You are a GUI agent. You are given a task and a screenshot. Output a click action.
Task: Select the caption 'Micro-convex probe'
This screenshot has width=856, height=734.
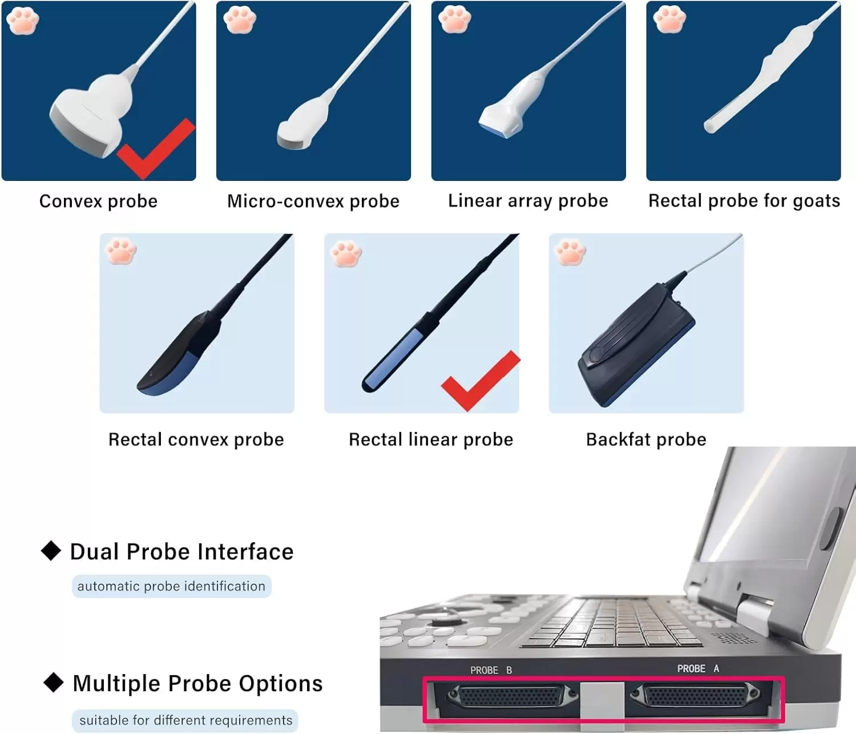(313, 201)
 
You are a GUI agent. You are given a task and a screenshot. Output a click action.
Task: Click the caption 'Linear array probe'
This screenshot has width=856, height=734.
(528, 201)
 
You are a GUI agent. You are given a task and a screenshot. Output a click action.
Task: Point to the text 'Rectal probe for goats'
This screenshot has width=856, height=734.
(744, 201)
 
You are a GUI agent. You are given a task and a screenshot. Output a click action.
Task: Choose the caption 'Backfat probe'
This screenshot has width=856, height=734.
(646, 439)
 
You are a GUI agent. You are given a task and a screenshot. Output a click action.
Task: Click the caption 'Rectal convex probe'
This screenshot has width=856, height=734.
(196, 439)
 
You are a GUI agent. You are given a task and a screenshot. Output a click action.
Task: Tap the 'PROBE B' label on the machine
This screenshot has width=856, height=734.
(491, 670)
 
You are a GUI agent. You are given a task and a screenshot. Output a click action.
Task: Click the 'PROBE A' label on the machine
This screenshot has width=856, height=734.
(698, 668)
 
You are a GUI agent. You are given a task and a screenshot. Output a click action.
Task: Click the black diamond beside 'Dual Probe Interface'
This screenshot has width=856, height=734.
(51, 550)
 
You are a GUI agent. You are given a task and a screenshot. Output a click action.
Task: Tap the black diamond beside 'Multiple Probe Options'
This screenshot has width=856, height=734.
(54, 682)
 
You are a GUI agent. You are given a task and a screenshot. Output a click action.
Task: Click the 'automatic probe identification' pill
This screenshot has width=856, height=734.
(171, 586)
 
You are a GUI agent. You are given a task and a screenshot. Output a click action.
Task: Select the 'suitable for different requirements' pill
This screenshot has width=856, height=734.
(185, 720)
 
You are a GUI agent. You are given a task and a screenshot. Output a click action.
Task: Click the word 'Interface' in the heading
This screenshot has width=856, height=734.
(245, 552)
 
